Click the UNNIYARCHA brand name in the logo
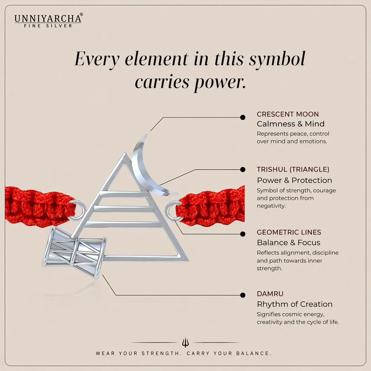(x=48, y=19)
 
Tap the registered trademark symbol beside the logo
(x=81, y=15)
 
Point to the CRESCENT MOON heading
(x=288, y=114)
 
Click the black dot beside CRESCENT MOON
(x=243, y=117)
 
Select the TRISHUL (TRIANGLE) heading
(x=293, y=169)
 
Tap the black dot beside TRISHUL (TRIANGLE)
(x=243, y=169)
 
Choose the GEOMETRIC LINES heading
(x=289, y=232)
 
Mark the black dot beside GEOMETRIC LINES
(x=243, y=234)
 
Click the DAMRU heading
(x=270, y=294)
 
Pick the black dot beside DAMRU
(x=243, y=295)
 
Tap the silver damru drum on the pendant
(x=75, y=252)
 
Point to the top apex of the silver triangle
(x=125, y=153)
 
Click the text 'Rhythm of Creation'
(x=295, y=304)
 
